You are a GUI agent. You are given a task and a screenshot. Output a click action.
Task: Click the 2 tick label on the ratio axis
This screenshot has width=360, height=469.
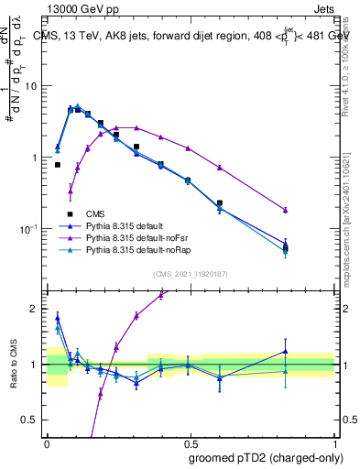(35, 309)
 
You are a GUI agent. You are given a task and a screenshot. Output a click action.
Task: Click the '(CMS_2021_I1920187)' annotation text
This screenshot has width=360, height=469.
(190, 274)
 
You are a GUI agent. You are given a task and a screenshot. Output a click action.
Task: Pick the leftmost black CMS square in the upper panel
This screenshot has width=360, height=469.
(58, 165)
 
